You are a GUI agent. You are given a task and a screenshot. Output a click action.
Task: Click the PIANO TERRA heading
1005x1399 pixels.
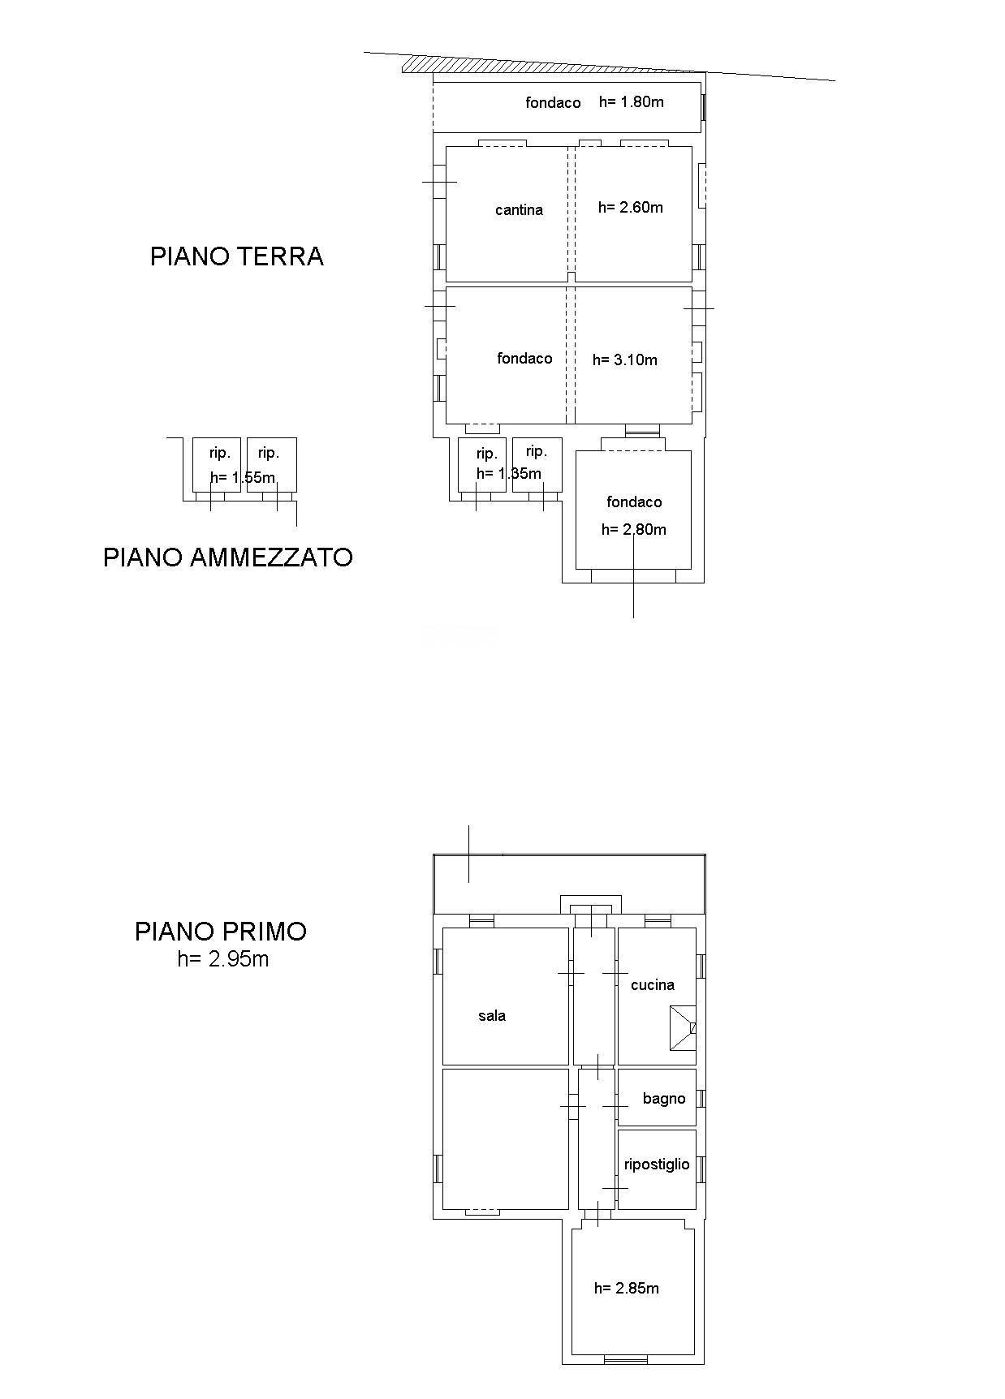[x=236, y=256]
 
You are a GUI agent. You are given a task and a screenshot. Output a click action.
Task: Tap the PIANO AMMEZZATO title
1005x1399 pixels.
[x=227, y=557]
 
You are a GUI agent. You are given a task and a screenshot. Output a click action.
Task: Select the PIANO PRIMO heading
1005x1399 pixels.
[x=221, y=931]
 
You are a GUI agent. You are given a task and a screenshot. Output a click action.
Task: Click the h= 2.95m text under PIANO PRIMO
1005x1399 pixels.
[x=223, y=959]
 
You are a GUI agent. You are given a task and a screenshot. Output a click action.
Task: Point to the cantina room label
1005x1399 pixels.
[x=519, y=210]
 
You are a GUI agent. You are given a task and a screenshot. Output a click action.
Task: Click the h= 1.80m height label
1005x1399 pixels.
[x=631, y=102]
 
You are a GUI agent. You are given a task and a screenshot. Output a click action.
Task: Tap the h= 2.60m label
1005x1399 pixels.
[x=630, y=208]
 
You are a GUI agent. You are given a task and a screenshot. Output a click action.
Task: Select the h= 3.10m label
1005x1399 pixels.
[x=624, y=360]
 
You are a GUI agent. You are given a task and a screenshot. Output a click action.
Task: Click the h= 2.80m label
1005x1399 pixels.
[x=633, y=530]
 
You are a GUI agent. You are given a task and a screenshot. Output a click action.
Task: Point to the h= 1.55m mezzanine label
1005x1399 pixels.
[x=242, y=477]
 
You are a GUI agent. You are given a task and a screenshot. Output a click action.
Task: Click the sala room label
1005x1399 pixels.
[x=492, y=1016]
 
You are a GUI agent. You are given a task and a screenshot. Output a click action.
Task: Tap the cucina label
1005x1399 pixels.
[x=652, y=985]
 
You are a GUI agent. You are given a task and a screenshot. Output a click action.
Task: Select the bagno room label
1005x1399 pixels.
[x=663, y=1099]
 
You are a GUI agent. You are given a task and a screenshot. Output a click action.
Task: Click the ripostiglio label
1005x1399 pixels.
[x=656, y=1164]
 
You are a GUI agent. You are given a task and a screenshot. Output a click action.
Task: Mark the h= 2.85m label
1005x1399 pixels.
[x=626, y=1289]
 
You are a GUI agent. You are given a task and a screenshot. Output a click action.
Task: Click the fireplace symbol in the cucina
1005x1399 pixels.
[x=682, y=1028]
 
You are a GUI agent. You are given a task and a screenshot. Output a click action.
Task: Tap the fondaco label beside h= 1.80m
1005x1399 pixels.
[x=553, y=103]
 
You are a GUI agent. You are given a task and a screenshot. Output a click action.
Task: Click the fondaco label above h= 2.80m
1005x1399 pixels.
[x=633, y=502]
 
